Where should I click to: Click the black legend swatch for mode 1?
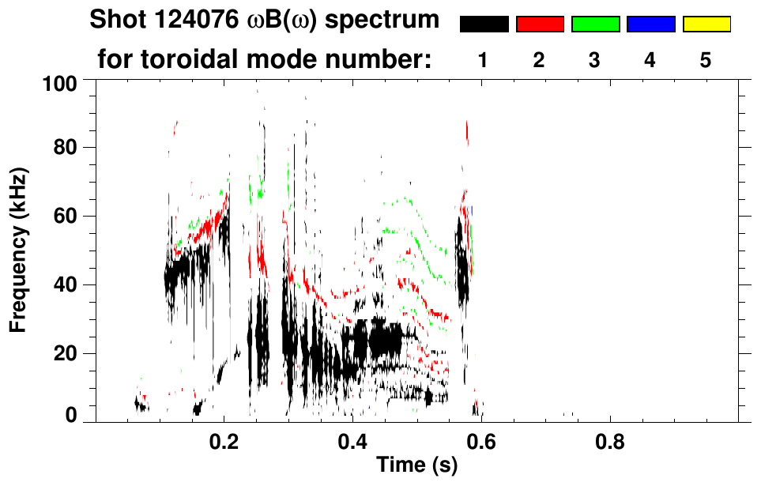484,24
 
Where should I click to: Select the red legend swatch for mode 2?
540,24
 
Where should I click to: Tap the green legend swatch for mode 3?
595,24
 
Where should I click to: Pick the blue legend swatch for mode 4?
650,24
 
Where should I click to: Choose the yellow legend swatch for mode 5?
706,24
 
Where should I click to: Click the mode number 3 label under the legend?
595,62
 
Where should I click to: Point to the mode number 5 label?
706,62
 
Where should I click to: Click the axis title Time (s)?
416,465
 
